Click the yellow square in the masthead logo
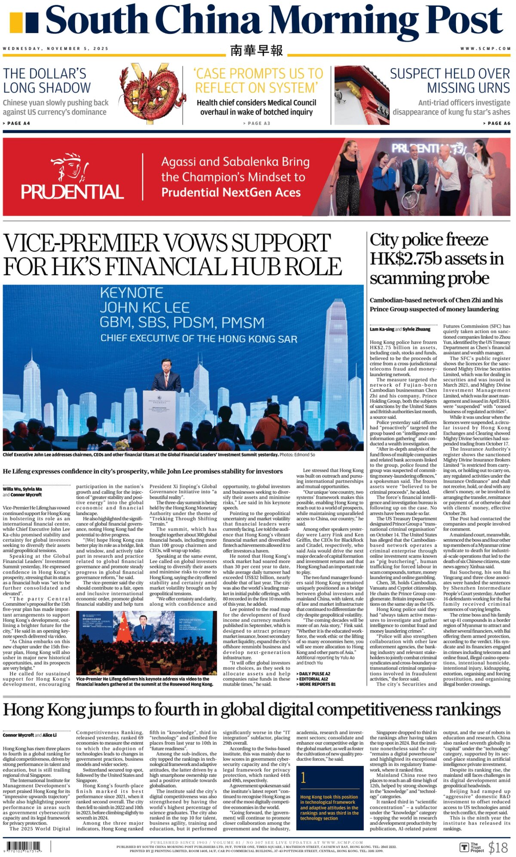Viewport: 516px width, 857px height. [x=15, y=22]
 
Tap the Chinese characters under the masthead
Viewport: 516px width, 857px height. [x=257, y=50]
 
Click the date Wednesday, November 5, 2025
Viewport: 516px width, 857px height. [x=56, y=49]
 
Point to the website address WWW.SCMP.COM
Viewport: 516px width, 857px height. [x=485, y=49]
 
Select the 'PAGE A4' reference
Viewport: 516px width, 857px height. [x=17, y=123]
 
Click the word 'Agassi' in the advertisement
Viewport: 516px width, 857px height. [x=178, y=162]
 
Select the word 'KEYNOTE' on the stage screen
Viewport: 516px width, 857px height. [x=132, y=293]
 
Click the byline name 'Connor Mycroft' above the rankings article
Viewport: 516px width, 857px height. [x=18, y=735]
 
